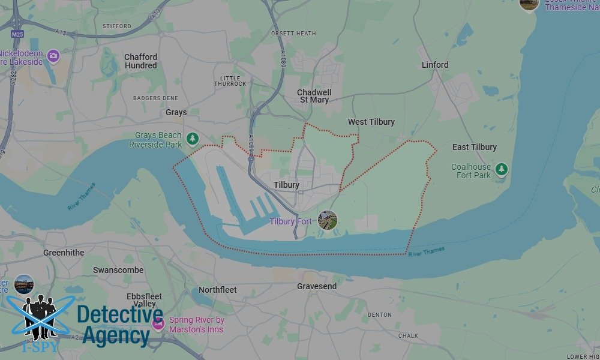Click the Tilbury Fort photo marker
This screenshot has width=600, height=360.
tap(328, 220)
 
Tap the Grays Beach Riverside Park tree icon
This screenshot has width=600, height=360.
tap(192, 139)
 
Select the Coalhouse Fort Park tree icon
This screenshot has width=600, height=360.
tap(502, 169)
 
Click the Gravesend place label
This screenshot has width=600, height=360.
tap(317, 287)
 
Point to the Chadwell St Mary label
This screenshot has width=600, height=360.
tap(314, 96)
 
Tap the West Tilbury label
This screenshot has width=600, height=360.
tap(371, 122)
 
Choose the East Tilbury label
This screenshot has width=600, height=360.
tap(475, 147)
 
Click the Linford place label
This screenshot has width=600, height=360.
tap(435, 65)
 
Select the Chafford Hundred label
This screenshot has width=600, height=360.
tap(141, 61)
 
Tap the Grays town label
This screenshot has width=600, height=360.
tap(176, 112)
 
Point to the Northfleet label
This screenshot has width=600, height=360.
tap(218, 290)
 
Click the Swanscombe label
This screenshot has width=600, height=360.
tap(118, 270)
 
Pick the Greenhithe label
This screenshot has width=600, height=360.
tap(64, 253)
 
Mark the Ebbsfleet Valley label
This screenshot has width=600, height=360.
tap(144, 301)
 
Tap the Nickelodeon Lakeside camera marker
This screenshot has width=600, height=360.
tap(53, 56)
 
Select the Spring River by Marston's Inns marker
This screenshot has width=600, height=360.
tap(158, 325)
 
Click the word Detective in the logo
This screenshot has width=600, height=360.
tap(120, 316)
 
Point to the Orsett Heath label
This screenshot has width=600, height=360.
tap(293, 34)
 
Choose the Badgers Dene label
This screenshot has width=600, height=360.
tap(155, 97)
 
